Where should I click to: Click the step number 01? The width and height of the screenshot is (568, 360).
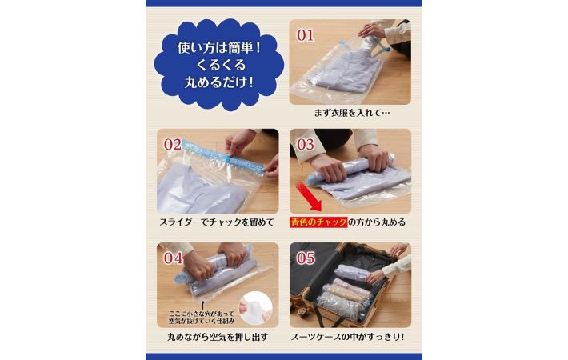coord(305,35)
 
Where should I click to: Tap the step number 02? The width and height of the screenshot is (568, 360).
coord(172,145)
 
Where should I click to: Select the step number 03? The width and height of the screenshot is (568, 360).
coord(305,145)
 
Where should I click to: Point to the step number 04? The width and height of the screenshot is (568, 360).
coord(173,258)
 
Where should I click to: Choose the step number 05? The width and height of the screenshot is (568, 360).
coord(306,258)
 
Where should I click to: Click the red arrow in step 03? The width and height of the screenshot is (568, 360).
coord(308,197)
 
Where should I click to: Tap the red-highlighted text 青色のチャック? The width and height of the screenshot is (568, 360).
coord(318,222)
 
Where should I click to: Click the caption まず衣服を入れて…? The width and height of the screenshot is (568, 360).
coord(352,113)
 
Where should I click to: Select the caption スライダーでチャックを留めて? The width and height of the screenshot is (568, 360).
coord(217,222)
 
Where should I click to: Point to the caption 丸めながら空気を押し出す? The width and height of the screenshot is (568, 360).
coord(218,337)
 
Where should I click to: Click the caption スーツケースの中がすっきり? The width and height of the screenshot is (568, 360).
coord(347,337)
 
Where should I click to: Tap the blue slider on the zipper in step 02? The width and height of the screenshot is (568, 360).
coord(228,158)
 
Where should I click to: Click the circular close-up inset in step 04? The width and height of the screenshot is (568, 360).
coord(255,308)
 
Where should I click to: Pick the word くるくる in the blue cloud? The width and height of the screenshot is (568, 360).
coord(221,65)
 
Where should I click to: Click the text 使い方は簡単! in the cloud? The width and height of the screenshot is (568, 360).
coord(218,47)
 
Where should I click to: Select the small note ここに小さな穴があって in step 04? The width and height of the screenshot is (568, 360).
coord(202,314)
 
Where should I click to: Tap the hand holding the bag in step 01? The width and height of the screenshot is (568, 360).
coord(371,30)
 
